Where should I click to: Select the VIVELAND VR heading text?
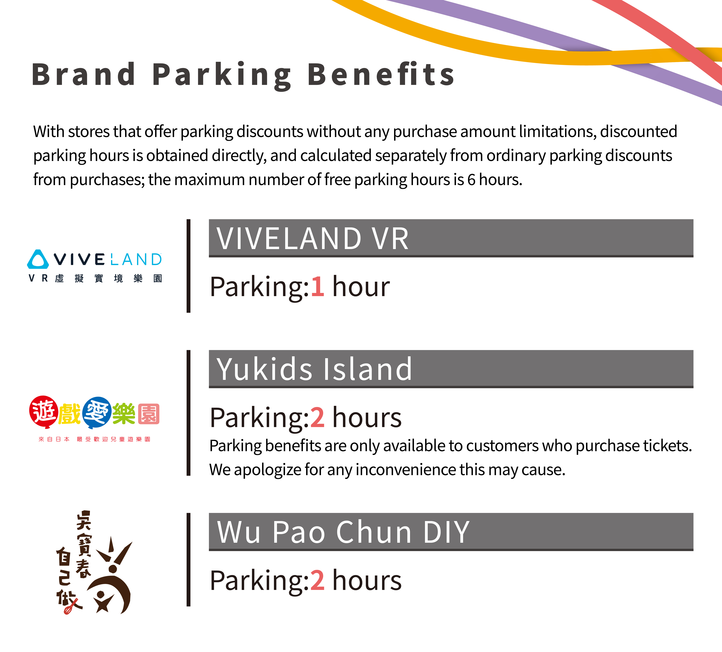point(312,239)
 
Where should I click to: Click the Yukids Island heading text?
point(314,369)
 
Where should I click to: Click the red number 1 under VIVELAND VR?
point(317,287)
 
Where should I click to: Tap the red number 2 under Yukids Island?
point(317,418)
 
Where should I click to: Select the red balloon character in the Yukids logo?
point(44,412)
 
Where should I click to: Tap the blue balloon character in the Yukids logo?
point(97,412)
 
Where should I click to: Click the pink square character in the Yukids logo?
point(149,414)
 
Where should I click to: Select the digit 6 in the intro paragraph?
point(471,179)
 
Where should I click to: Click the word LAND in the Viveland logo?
point(136,260)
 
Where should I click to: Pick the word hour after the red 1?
point(361,287)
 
